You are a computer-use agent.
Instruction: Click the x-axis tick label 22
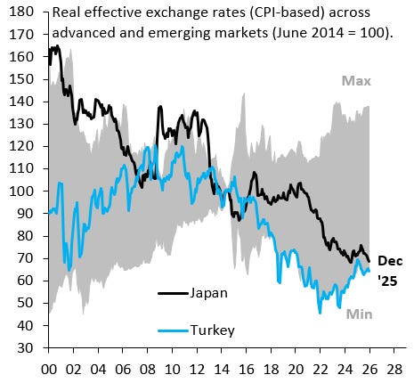point(298,367)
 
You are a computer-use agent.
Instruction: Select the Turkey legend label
point(214,330)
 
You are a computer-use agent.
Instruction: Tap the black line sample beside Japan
point(173,291)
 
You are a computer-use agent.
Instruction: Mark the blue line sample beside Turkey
point(173,330)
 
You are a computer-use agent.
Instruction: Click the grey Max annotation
point(354,82)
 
